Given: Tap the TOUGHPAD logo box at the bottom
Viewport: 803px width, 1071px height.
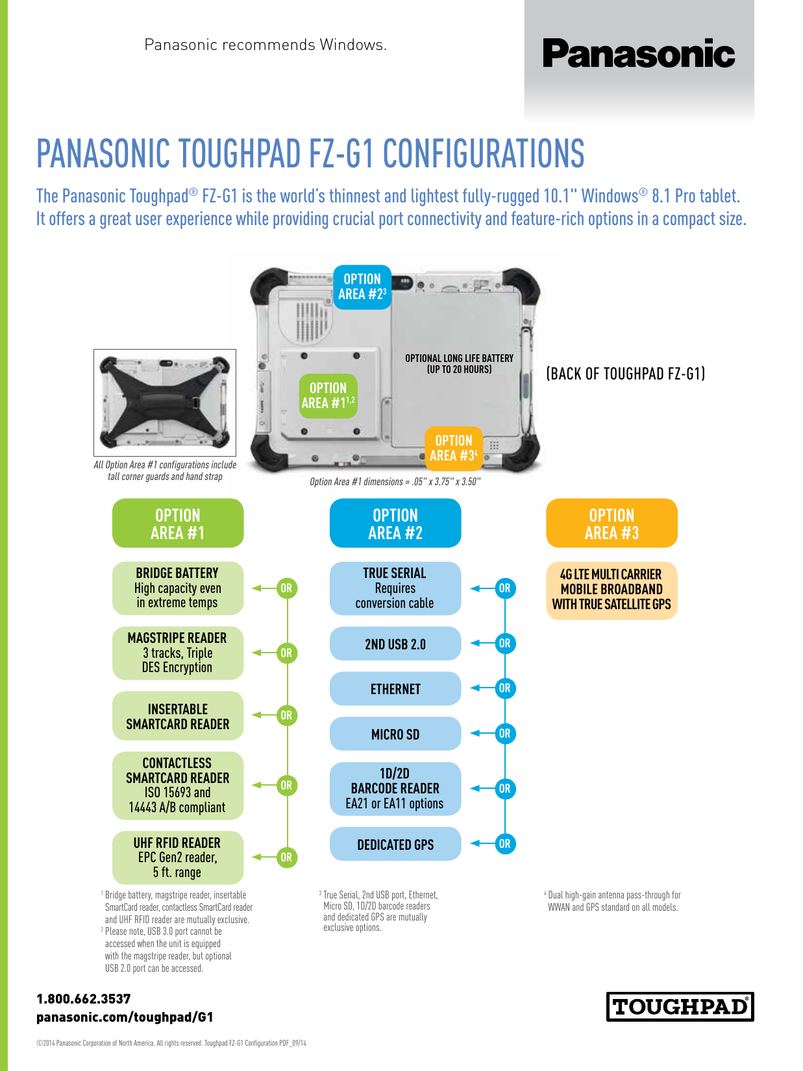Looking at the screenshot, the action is [680, 1006].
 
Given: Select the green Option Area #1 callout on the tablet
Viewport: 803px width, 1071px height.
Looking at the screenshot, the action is [328, 395].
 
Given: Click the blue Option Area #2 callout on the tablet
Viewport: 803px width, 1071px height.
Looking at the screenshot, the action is [362, 287].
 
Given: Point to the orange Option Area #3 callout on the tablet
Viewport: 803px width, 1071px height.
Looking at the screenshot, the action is [454, 448].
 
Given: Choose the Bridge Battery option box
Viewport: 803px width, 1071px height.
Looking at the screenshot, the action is [178, 588].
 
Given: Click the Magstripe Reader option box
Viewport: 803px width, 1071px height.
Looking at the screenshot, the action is [178, 653].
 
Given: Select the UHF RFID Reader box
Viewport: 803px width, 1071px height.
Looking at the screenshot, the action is [178, 858].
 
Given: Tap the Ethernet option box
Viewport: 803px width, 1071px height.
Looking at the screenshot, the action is [395, 688].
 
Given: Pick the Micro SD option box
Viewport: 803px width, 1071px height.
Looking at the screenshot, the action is [395, 734].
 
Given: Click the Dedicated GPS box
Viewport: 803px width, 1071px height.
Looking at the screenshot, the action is [395, 843].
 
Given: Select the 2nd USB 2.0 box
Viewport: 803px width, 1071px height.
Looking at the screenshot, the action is [395, 644].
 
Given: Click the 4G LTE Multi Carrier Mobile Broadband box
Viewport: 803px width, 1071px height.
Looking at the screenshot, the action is [612, 590].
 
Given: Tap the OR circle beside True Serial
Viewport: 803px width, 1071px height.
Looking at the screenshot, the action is [505, 588].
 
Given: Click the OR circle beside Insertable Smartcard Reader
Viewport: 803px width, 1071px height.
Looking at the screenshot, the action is [286, 716].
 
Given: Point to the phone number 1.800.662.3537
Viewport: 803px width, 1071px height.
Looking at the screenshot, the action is [84, 999].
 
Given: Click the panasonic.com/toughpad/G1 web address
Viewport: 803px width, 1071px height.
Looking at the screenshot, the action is [125, 1017].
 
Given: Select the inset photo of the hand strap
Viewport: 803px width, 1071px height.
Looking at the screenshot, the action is [165, 403].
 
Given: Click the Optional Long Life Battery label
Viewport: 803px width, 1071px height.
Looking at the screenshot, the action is [460, 363].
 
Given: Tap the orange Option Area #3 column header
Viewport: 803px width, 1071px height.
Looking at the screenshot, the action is [612, 523].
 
